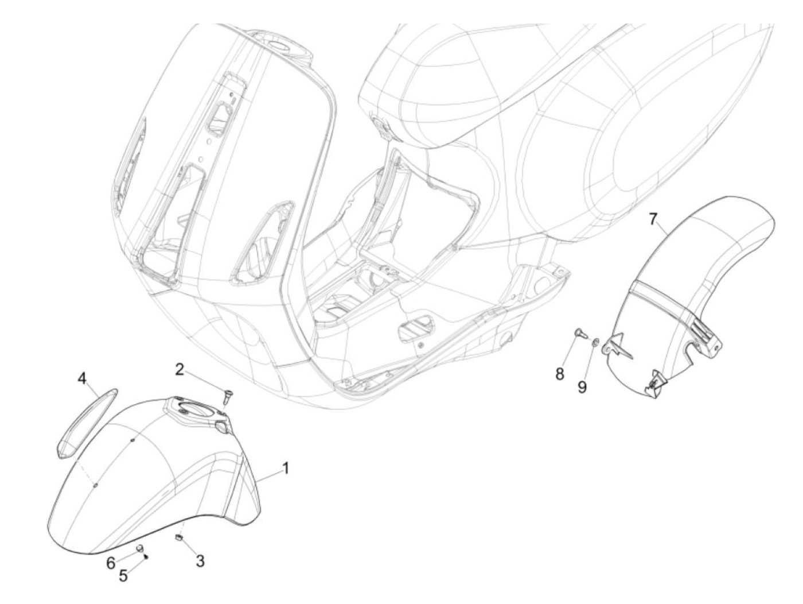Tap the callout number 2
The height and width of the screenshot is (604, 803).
(180, 369)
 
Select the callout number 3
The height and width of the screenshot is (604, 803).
(200, 560)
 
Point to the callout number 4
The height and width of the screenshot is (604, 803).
(82, 378)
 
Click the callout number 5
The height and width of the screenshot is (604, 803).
(123, 575)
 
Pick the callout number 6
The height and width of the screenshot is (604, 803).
(111, 563)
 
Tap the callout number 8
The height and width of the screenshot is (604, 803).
(559, 374)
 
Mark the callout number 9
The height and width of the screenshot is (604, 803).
(582, 387)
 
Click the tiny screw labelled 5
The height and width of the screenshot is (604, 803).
(147, 556)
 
